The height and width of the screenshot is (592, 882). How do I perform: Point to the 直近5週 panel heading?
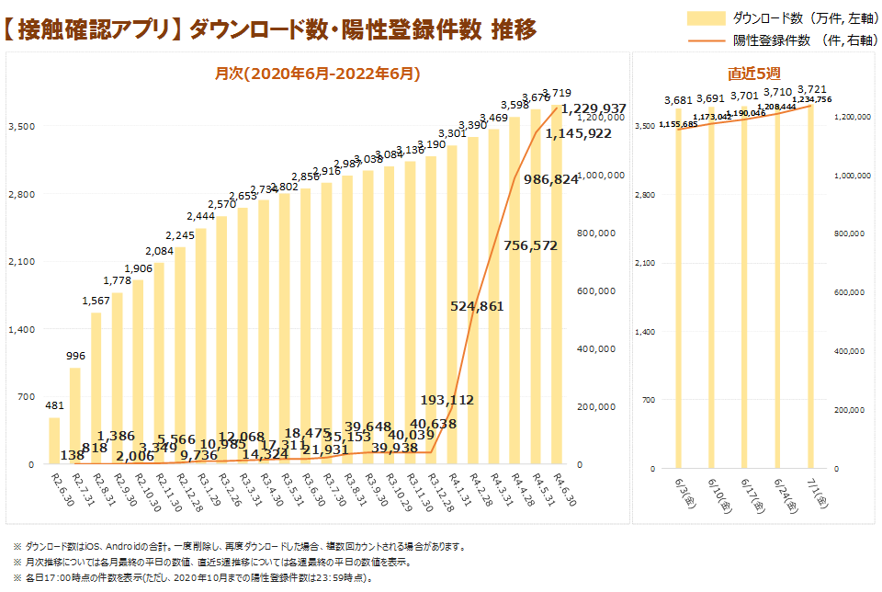753,73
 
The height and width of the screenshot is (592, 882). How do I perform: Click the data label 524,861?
477,306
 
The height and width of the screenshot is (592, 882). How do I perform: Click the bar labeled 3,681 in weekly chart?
680,289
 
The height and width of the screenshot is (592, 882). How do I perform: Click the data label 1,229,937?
594,108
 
